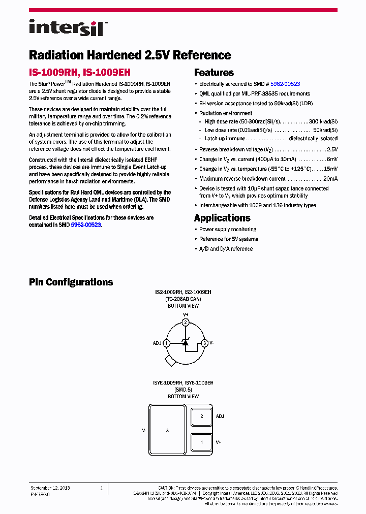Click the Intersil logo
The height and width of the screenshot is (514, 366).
point(66,27)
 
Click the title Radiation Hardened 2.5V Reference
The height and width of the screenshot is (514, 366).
point(130,55)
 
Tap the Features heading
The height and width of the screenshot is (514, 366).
point(213,73)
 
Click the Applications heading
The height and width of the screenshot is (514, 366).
point(222,218)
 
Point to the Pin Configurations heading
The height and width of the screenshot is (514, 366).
point(71,282)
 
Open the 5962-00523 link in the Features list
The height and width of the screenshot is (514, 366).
point(285,84)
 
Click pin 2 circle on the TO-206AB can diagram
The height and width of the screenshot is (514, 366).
point(186,323)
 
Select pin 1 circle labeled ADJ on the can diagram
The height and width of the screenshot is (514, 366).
point(166,343)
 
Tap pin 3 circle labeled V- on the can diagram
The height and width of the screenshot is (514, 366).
point(204,343)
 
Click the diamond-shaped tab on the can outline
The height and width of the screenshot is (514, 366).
point(170,360)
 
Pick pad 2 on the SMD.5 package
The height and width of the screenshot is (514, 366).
point(202,416)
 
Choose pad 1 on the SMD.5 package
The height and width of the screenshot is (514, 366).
point(202,442)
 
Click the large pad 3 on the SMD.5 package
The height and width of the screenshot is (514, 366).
point(167,430)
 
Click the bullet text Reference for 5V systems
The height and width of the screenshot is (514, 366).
point(228,239)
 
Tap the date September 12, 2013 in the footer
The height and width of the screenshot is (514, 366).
point(50,488)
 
